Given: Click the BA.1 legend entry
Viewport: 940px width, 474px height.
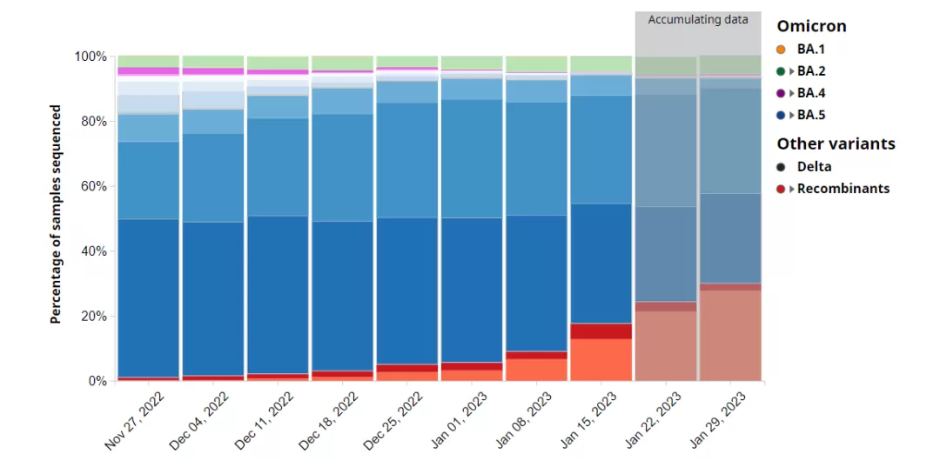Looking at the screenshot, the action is (x=801, y=49).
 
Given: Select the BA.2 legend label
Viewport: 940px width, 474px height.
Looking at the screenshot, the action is (x=811, y=71).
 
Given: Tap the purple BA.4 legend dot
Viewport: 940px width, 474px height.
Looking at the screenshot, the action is (x=781, y=93).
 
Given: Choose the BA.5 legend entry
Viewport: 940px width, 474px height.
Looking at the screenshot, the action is (x=801, y=115).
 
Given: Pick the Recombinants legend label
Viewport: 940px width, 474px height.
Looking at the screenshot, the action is (x=843, y=189).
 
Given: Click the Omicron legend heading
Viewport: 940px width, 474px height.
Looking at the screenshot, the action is (x=812, y=26).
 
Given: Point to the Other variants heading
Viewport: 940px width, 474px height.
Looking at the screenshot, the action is (x=836, y=144).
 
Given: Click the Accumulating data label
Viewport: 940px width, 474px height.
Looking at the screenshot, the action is (x=698, y=20).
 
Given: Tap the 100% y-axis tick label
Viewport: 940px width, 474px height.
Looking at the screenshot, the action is (x=91, y=57).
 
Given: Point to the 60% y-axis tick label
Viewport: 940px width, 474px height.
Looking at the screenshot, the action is (x=94, y=186).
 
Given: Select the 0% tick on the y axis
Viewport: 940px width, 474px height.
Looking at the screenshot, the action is (x=97, y=381).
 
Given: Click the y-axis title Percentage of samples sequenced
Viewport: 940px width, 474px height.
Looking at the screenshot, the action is (x=56, y=215).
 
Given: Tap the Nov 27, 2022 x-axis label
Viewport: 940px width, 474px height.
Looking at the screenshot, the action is (x=136, y=421).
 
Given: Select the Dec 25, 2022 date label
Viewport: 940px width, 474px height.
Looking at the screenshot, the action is (x=394, y=421).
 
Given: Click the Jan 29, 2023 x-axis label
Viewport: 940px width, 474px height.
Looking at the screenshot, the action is (x=717, y=421).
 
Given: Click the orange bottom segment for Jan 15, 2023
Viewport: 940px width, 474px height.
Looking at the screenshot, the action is (x=601, y=359).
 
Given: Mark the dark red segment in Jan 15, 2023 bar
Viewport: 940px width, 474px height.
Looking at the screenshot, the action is (x=601, y=331).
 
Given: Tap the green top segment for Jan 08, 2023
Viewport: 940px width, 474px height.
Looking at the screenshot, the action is (x=536, y=64).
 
